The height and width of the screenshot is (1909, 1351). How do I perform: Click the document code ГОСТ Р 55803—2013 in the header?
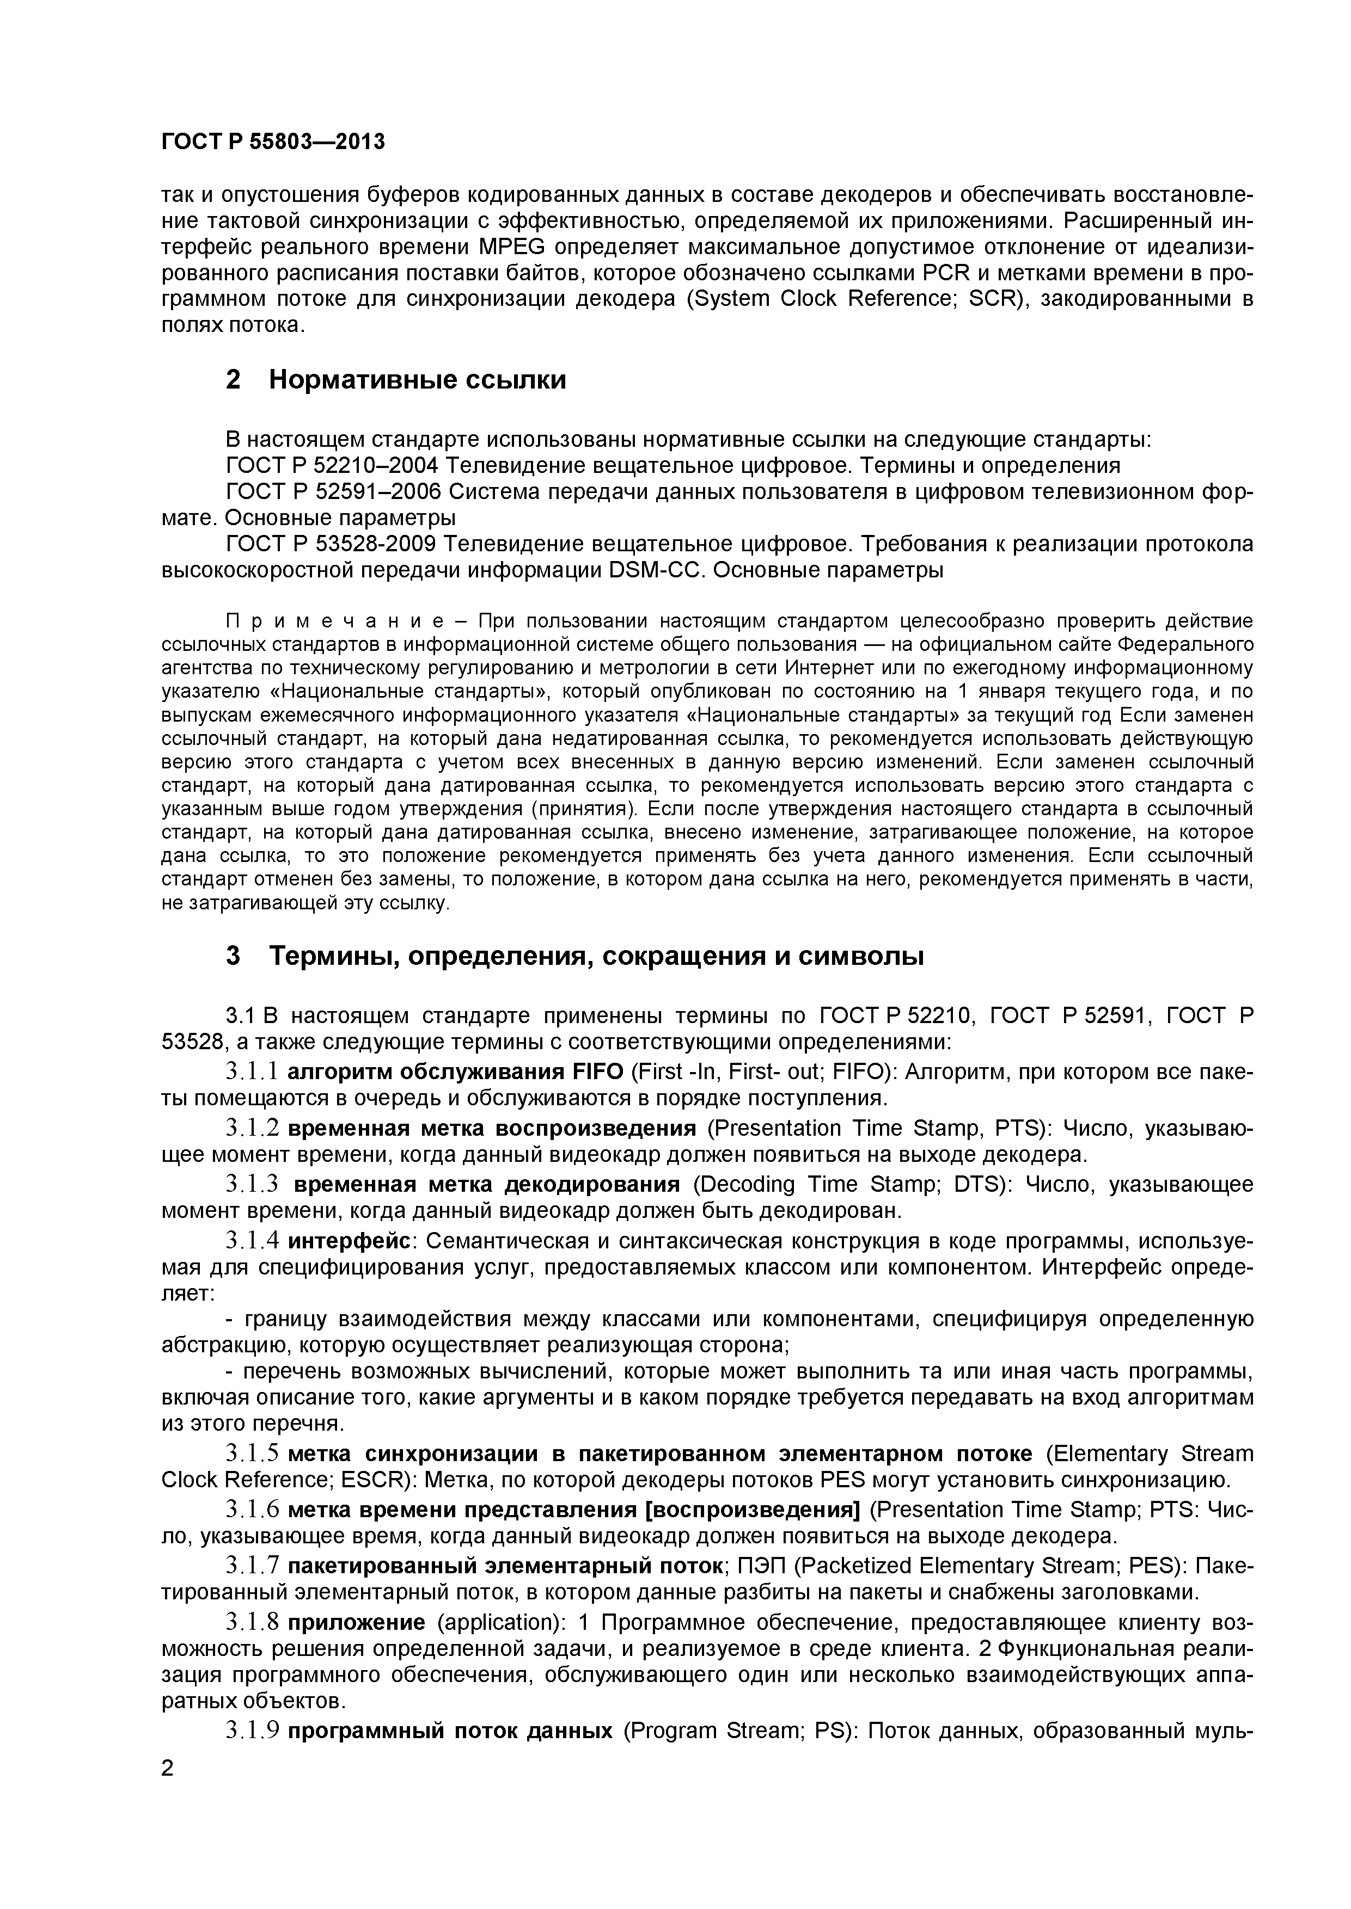click(273, 142)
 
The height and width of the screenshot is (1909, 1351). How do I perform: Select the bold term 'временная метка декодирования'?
click(487, 1184)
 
